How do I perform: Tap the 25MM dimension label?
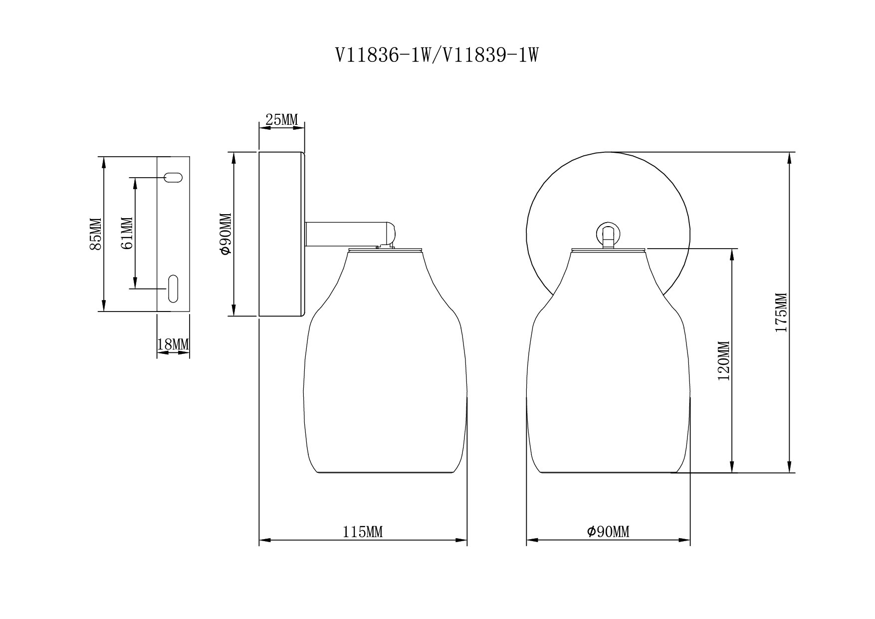pos(281,120)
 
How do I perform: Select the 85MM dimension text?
pos(95,234)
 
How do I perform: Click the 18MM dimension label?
pos(173,344)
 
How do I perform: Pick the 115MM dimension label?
pos(363,532)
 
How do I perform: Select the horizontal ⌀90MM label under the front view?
pos(608,532)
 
